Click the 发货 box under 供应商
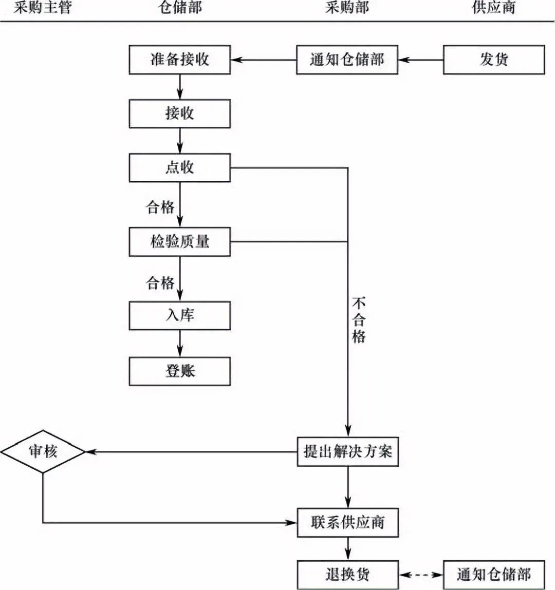493,60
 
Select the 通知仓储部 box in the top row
347,60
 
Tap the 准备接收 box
179,60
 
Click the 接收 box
179,113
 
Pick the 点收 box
179,167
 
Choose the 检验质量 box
179,241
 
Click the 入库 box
179,315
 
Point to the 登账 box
179,371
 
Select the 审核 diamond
43,452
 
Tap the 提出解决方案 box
347,452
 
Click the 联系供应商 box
347,523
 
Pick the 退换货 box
347,575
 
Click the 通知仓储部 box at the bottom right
493,575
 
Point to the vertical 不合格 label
359,320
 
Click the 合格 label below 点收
160,207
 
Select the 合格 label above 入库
160,283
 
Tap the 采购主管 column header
43,8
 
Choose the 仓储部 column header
180,8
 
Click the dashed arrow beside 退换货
421,575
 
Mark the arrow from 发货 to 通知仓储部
421,60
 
